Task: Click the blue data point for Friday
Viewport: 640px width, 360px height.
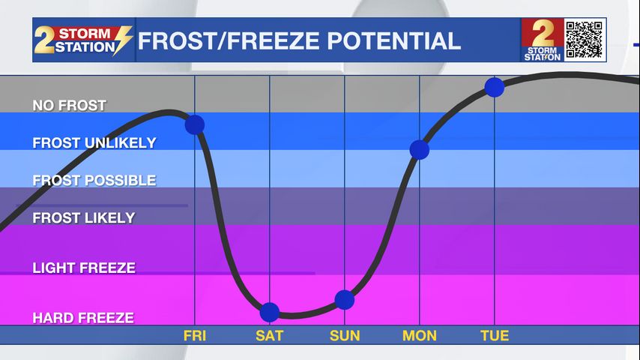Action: [x=195, y=124]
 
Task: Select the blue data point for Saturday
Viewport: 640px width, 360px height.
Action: [x=269, y=313]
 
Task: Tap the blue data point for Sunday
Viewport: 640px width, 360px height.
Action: [x=345, y=300]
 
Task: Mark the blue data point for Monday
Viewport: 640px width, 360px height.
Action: [x=420, y=149]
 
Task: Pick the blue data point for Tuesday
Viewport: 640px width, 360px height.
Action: [x=495, y=87]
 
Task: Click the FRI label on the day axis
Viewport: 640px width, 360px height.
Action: [x=195, y=336]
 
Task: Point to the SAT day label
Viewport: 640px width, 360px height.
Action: [x=269, y=336]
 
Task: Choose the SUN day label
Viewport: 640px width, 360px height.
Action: [x=345, y=336]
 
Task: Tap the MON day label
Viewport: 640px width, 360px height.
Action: [x=420, y=336]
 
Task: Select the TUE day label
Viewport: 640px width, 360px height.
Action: [x=495, y=336]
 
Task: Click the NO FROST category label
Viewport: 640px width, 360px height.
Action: [x=70, y=106]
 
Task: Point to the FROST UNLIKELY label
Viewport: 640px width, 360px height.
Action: [x=94, y=142]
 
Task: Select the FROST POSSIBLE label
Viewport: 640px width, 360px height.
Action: [x=94, y=180]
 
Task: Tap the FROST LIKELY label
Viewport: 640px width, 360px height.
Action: [x=84, y=217]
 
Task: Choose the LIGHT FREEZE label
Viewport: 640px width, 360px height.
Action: [x=84, y=268]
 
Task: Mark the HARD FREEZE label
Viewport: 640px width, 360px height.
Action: [x=83, y=318]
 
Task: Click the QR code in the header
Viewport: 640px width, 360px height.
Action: [x=585, y=40]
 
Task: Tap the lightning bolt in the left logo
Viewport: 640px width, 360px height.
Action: [x=123, y=40]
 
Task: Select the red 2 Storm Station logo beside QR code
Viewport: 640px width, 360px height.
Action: [x=543, y=40]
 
